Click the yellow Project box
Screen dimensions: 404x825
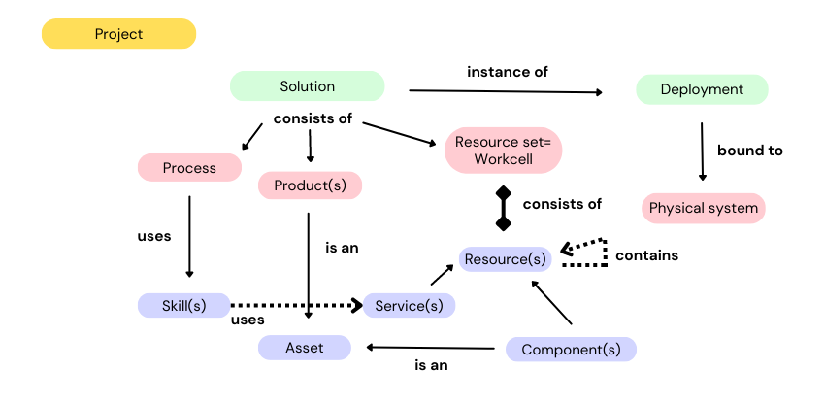[118, 34]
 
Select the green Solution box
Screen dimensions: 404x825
[307, 86]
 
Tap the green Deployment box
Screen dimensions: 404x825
[702, 89]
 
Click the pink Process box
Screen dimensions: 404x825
[189, 168]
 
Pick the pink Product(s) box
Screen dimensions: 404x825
[310, 185]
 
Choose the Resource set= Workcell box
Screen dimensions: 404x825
[503, 150]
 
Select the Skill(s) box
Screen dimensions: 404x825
[184, 305]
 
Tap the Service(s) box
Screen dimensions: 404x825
[409, 305]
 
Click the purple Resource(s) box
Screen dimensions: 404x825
[505, 259]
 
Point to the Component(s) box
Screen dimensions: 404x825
[571, 350]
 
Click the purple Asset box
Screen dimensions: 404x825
[304, 348]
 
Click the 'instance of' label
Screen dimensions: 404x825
[508, 72]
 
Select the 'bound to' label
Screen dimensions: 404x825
[749, 151]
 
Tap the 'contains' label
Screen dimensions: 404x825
[646, 255]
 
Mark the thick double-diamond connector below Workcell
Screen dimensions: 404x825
[503, 208]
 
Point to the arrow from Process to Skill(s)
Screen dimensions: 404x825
[189, 236]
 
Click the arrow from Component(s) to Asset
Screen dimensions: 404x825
[432, 347]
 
